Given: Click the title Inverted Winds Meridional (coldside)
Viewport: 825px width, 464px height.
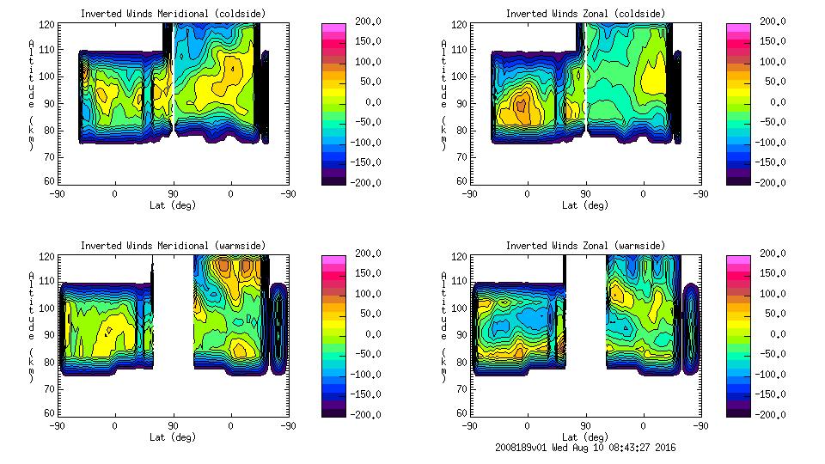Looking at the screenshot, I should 173,14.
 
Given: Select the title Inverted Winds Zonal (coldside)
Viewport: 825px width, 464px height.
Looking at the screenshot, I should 585,14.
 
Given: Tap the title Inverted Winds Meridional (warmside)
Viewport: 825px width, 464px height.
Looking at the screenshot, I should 173,246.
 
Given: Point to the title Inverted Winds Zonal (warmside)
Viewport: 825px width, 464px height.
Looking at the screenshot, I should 585,246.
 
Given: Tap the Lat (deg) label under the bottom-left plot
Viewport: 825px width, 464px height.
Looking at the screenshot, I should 173,437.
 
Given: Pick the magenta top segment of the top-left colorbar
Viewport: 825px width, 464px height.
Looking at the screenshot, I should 333,28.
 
